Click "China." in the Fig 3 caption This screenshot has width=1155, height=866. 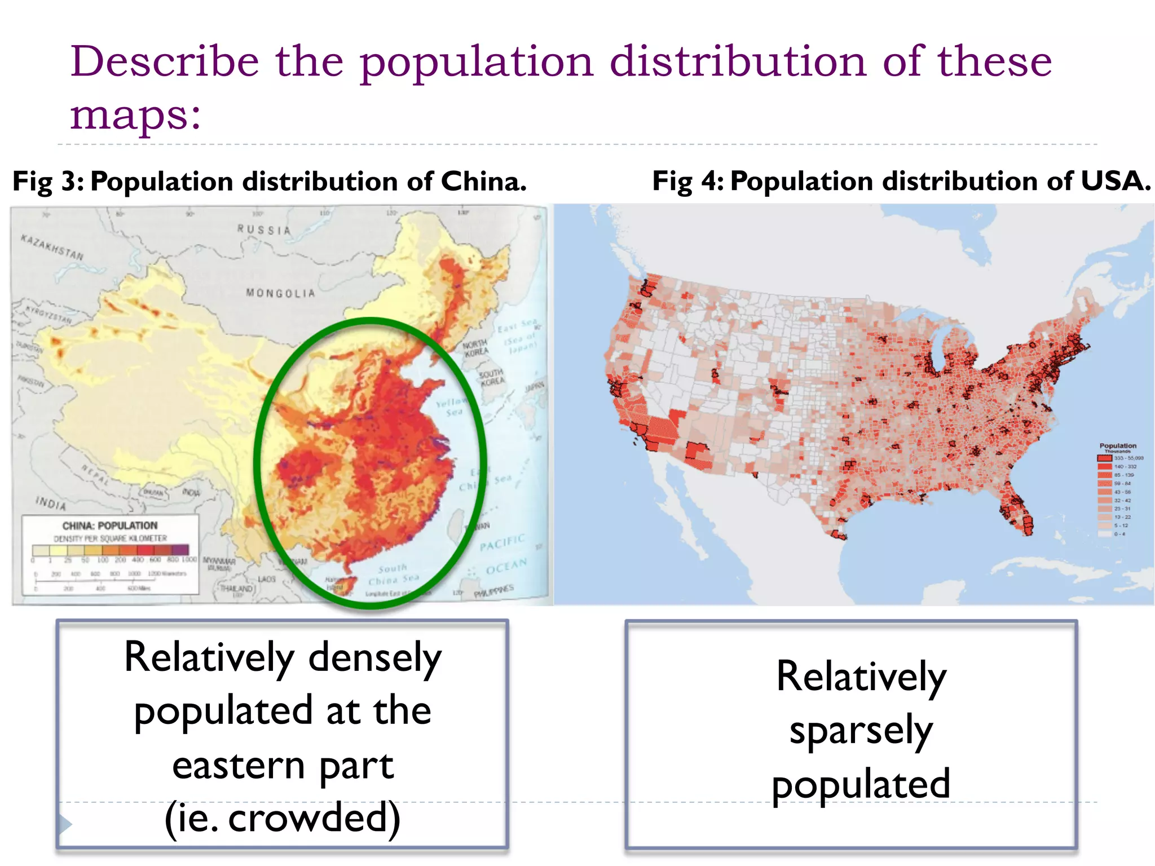click(x=484, y=182)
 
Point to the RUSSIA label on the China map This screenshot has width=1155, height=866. click(x=264, y=230)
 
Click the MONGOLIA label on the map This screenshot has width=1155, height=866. click(x=280, y=293)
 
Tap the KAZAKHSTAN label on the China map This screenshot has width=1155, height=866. click(x=52, y=247)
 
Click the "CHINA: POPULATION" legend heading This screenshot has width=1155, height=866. click(x=110, y=526)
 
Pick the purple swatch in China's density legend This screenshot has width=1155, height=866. click(x=180, y=550)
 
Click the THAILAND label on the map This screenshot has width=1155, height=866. click(x=237, y=589)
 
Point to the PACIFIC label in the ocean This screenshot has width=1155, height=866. click(x=502, y=542)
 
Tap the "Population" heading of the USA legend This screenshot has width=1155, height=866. click(x=1118, y=446)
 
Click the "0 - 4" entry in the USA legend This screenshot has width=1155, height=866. click(x=1119, y=534)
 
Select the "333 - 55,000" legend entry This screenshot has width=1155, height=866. click(x=1128, y=458)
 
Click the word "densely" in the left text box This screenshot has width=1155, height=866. click(x=375, y=658)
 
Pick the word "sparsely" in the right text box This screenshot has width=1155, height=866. click(x=861, y=730)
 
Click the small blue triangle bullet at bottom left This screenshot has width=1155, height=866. click(x=65, y=824)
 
